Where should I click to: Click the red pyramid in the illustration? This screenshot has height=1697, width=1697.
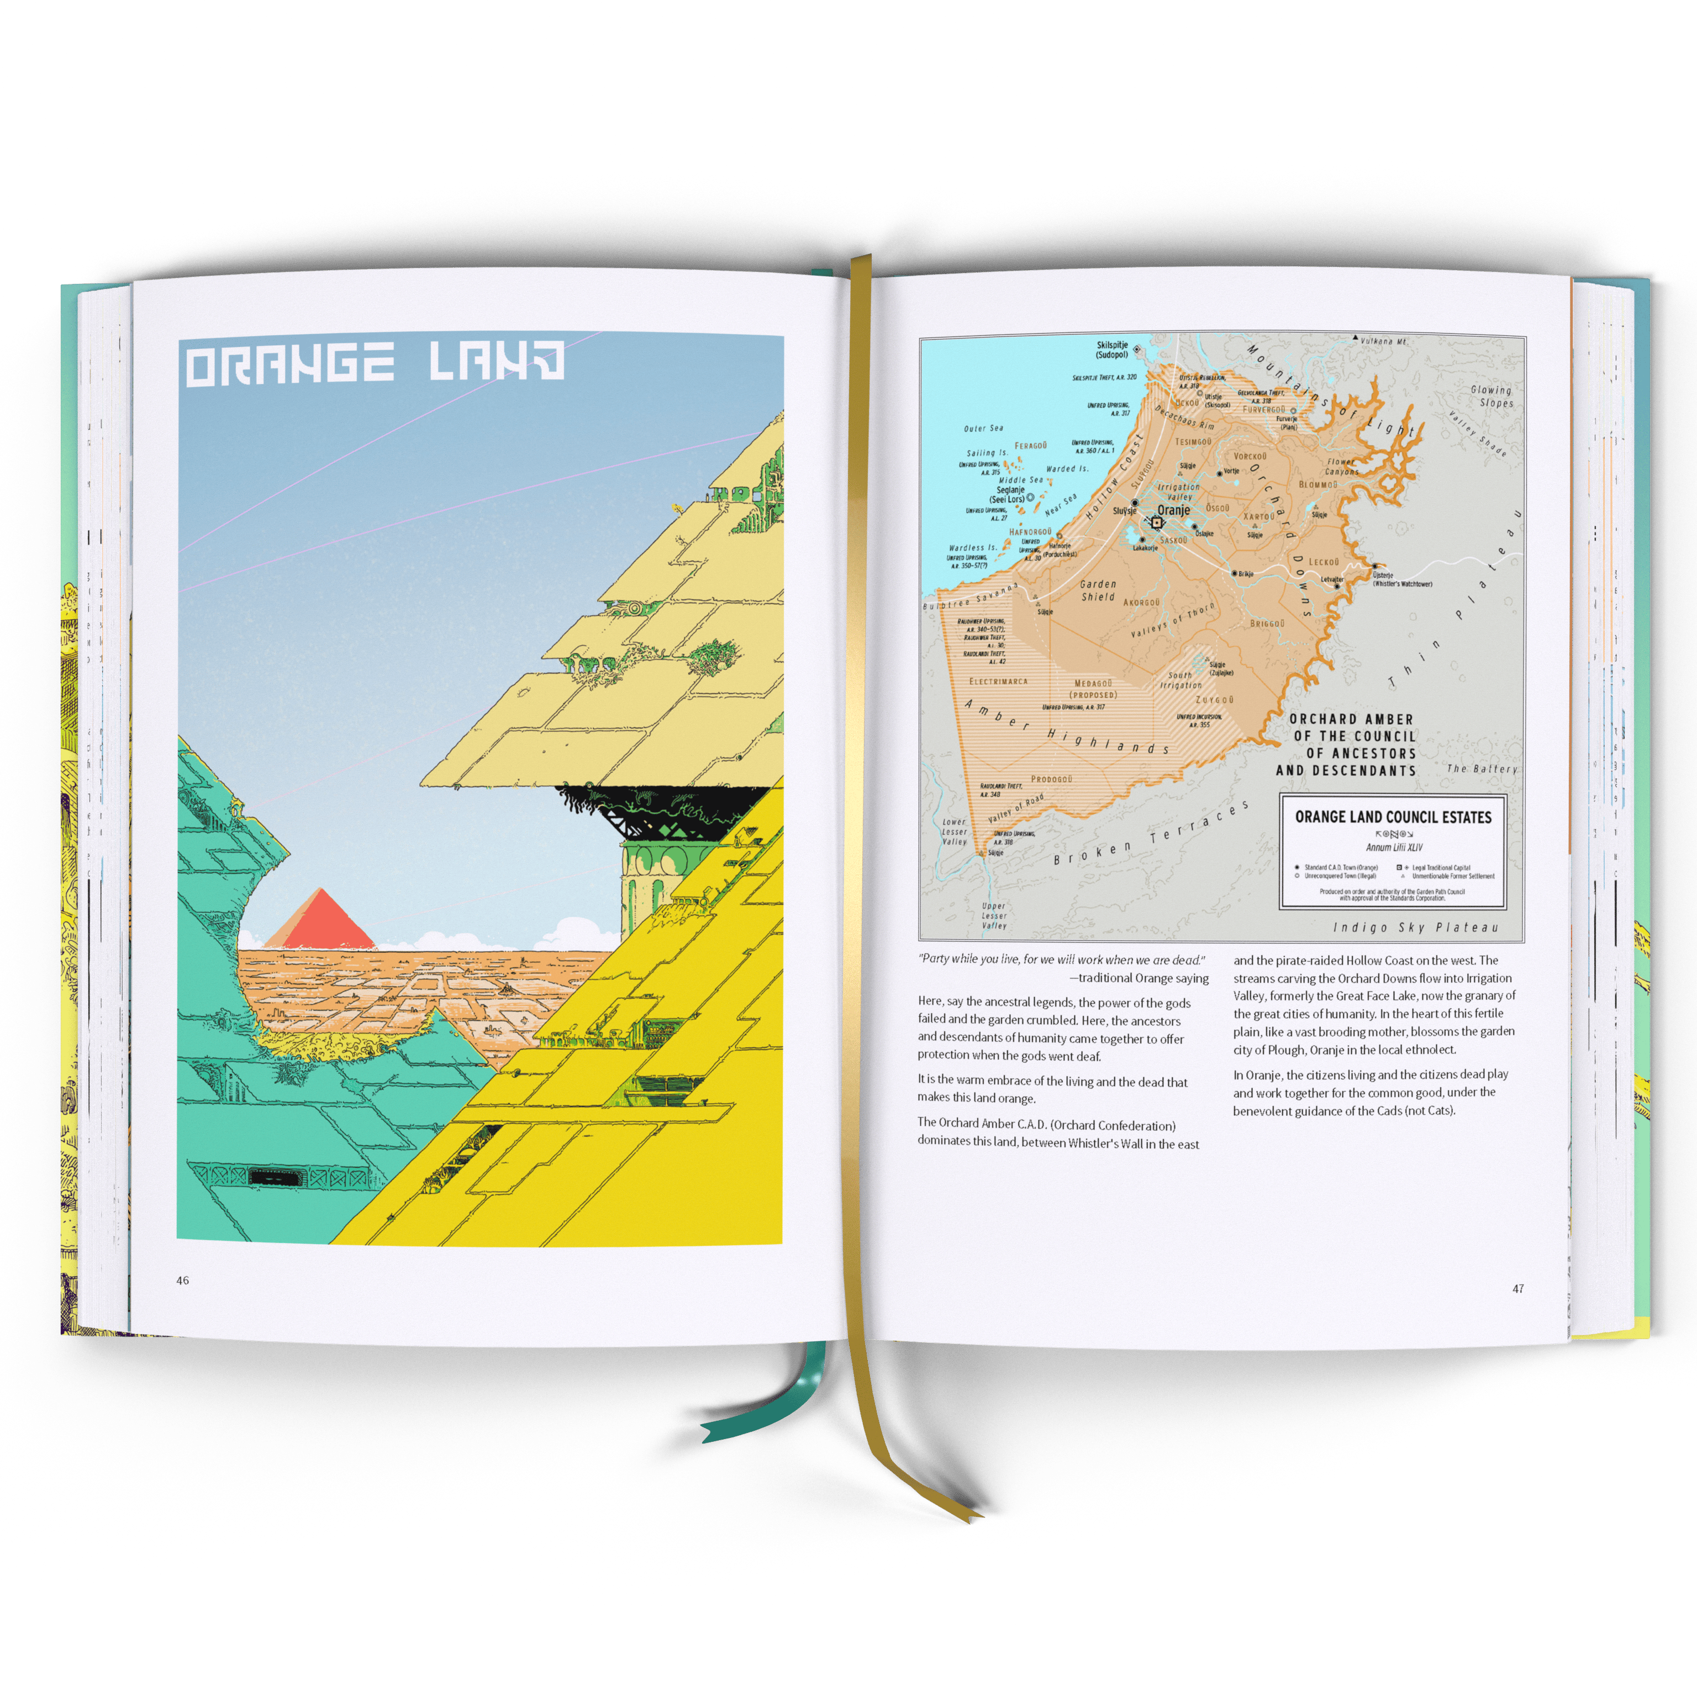point(320,920)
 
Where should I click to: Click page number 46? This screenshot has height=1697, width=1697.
point(183,1280)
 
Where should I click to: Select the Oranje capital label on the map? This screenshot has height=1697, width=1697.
point(1173,510)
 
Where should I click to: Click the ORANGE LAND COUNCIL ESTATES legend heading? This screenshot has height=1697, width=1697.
point(1393,817)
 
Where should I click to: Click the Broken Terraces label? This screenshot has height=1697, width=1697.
point(1151,835)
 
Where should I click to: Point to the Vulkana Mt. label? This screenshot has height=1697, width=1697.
point(1383,340)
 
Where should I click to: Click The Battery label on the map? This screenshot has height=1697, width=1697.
point(1482,768)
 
